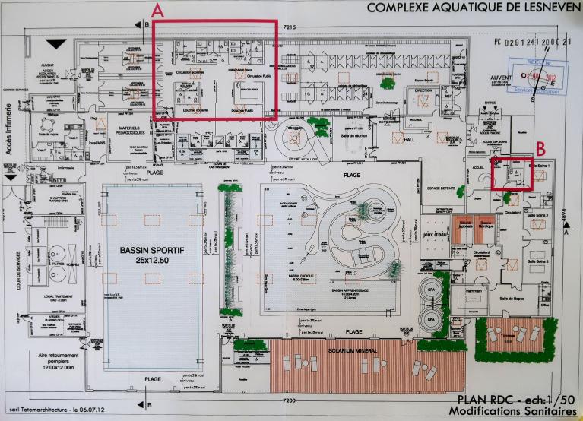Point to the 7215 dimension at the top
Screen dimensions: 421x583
click(288, 27)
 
